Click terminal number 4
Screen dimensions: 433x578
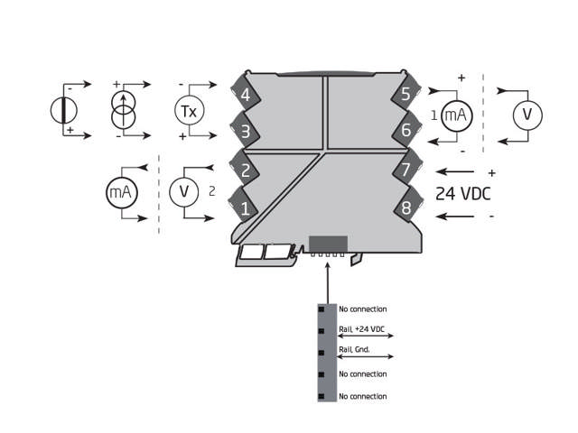point(244,94)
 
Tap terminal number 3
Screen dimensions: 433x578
point(244,132)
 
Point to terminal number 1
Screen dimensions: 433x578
point(244,208)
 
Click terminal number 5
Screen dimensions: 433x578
point(406,94)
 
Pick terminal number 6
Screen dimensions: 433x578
point(406,132)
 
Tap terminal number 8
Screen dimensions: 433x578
point(406,208)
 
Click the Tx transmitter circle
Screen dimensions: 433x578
point(187,110)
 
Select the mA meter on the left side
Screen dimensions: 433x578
point(120,192)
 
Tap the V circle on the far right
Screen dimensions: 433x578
point(527,115)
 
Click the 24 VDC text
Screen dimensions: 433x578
point(464,193)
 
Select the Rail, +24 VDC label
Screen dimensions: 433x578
point(362,330)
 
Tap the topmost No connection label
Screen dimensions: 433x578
point(362,309)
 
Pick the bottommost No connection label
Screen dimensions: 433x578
point(362,396)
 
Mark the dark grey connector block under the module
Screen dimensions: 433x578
point(328,244)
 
